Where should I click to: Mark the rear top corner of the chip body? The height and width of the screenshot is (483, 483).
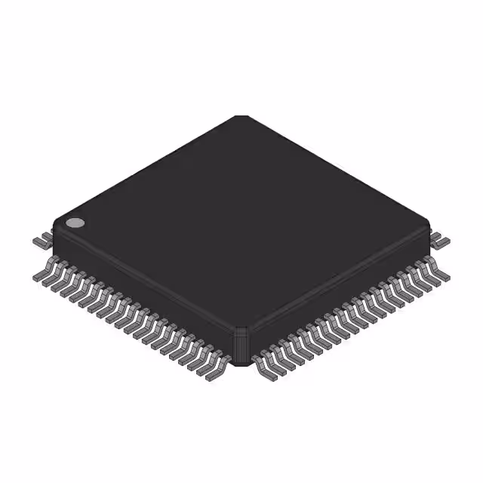(x=241, y=117)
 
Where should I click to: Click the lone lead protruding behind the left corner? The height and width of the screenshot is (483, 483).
(x=42, y=241)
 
